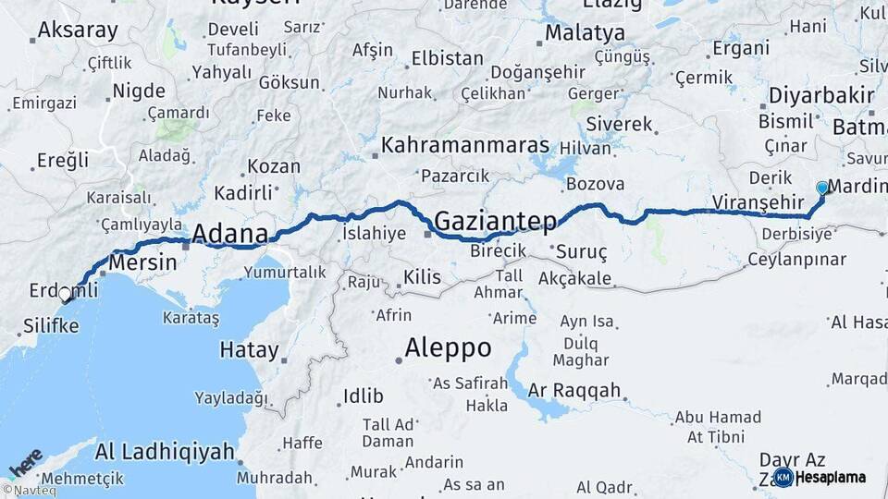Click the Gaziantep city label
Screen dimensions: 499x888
pyautogui.click(x=495, y=221)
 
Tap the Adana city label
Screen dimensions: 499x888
pyautogui.click(x=229, y=234)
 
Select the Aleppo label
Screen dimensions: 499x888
pyautogui.click(x=448, y=347)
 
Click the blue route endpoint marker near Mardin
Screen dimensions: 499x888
pyautogui.click(x=822, y=188)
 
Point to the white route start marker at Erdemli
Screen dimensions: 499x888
pyautogui.click(x=65, y=296)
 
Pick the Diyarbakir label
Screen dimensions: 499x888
pyautogui.click(x=821, y=96)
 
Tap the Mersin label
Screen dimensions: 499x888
pyautogui.click(x=142, y=263)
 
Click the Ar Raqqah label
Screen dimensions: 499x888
pyautogui.click(x=574, y=390)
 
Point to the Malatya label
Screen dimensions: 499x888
pyautogui.click(x=585, y=33)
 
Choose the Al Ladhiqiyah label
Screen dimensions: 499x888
pyautogui.click(x=164, y=452)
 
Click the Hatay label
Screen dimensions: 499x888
pyautogui.click(x=249, y=350)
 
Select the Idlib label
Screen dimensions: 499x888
pyautogui.click(x=363, y=396)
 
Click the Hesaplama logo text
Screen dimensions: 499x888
pyautogui.click(x=831, y=478)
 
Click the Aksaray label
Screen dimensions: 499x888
pyautogui.click(x=78, y=30)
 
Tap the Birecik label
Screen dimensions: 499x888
pyautogui.click(x=498, y=251)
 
